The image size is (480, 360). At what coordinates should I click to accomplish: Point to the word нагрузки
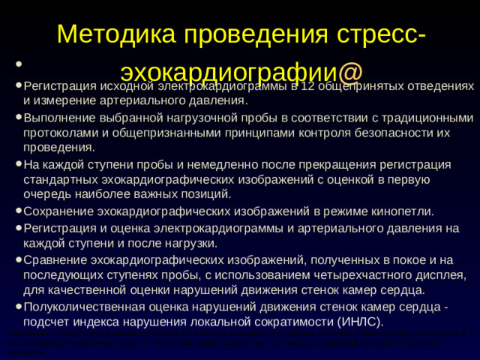(190, 243)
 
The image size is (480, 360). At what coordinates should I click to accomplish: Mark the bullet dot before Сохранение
(16, 212)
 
